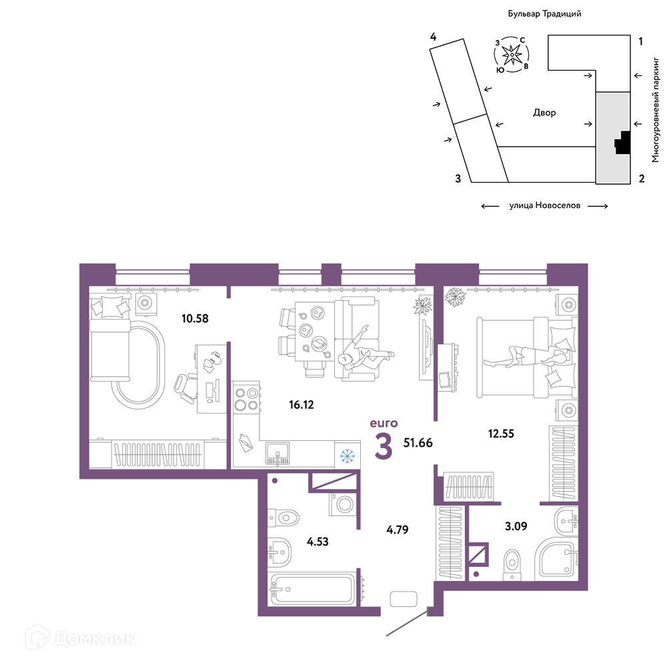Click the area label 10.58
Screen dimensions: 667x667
(195, 318)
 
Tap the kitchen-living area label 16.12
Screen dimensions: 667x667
(301, 405)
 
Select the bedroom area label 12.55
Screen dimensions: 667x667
(501, 434)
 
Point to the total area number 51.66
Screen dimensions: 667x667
(418, 442)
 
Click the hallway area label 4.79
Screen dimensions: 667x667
(398, 530)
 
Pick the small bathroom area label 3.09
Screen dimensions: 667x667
(516, 526)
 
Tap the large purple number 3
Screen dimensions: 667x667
(384, 446)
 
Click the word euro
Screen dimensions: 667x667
(384, 424)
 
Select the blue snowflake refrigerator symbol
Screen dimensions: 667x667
(347, 456)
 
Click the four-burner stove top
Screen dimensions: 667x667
(246, 399)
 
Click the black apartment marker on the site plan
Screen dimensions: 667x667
(622, 143)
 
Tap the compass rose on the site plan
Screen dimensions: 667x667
(512, 55)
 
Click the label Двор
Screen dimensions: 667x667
(544, 113)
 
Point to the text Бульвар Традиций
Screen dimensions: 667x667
(544, 13)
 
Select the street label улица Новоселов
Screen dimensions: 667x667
(544, 205)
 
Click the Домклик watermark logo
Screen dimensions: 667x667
(81, 638)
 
